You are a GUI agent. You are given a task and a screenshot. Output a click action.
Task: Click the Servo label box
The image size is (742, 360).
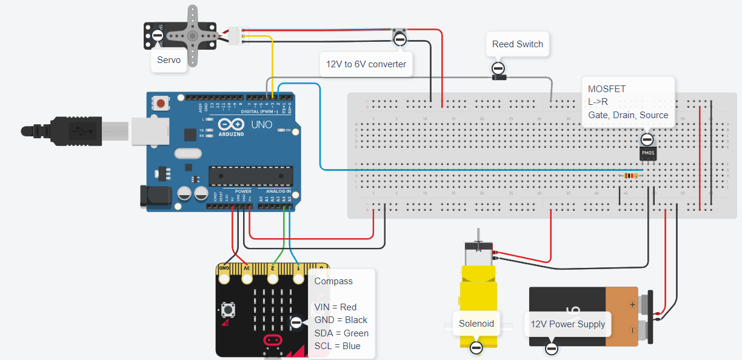[169, 60]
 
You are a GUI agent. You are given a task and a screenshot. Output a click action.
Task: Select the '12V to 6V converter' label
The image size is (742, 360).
[366, 64]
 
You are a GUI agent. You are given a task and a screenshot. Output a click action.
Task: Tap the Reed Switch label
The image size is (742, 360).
[517, 44]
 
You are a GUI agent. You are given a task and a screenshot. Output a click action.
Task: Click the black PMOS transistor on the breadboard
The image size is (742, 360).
[648, 153]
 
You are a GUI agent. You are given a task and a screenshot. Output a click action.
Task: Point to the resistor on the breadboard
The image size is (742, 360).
[631, 176]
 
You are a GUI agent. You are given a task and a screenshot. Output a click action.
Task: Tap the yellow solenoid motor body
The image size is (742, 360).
[476, 291]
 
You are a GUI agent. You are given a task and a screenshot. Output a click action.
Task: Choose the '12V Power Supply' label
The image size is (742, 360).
[567, 324]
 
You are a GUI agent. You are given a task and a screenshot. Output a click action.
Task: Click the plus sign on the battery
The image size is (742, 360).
[632, 304]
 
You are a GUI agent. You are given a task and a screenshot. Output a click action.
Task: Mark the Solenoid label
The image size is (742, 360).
[476, 324]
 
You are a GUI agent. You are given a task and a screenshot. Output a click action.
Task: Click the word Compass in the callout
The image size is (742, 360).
[333, 281]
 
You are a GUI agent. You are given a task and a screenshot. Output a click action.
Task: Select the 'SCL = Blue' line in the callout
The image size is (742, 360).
[337, 346]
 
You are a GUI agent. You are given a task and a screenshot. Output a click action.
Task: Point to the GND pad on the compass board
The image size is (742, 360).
[224, 278]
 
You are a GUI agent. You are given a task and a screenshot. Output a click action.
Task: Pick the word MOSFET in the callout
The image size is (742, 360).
[607, 89]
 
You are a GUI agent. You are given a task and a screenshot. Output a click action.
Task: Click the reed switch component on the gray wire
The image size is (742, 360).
[498, 78]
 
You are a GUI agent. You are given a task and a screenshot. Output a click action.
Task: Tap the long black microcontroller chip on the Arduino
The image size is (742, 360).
[251, 175]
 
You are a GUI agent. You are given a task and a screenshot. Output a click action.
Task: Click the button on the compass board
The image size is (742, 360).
[229, 310]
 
